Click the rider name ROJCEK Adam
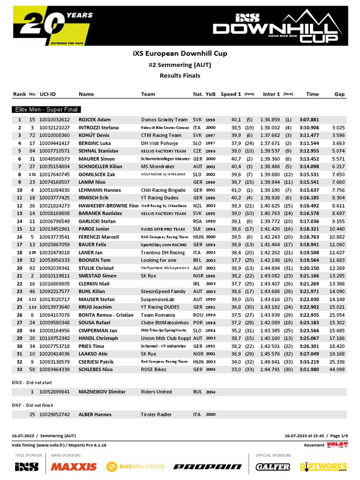point(95,120)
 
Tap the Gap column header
point(339,94)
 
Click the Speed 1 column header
point(231,94)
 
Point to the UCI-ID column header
point(48,94)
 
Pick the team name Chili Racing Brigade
point(164,190)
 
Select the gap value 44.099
point(337,370)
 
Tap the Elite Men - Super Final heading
point(45,109)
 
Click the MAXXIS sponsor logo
point(74,466)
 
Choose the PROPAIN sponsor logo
point(207,467)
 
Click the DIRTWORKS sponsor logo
point(323,466)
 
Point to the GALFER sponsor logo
point(272,466)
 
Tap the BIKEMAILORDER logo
point(135,466)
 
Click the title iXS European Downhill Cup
point(180,53)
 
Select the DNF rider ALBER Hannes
point(95,414)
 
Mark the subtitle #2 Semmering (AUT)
point(180,65)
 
